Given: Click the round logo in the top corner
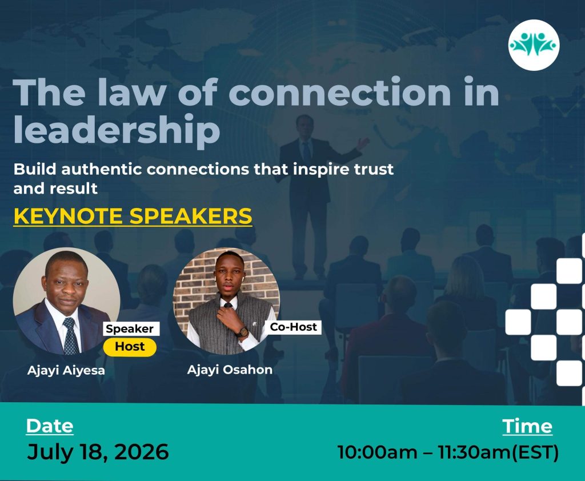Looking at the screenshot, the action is (x=534, y=45).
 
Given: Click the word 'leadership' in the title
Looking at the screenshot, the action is (x=117, y=130).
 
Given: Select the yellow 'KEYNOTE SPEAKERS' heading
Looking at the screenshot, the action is (x=133, y=216).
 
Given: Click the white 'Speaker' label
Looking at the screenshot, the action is (x=130, y=328).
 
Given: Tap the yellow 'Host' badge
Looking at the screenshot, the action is (x=130, y=347).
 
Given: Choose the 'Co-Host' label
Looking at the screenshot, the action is (x=294, y=327).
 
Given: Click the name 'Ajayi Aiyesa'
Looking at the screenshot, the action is (x=66, y=371).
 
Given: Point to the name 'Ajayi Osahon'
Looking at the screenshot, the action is (x=230, y=370).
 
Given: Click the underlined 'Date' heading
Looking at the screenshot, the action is (x=50, y=426).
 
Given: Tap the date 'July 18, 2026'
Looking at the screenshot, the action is (x=98, y=452).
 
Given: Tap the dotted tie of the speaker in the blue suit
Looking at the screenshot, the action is (x=70, y=336).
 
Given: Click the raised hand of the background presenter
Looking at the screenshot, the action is (x=362, y=143).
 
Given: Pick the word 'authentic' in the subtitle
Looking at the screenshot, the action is (x=102, y=170).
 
